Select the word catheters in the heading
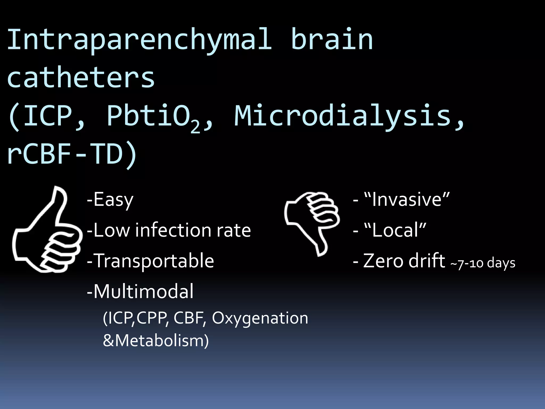point(81,78)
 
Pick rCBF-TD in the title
point(72,154)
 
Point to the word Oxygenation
point(260,318)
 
